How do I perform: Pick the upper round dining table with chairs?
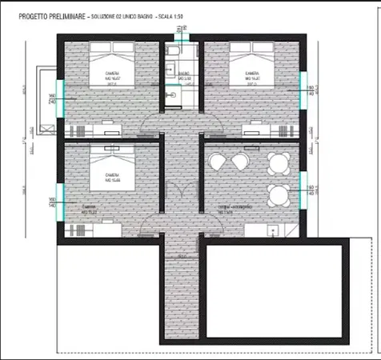pyautogui.click(x=278, y=162)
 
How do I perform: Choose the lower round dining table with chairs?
pyautogui.click(x=278, y=194)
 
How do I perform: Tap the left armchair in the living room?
pyautogui.click(x=217, y=162)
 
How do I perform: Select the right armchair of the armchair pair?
pyautogui.click(x=239, y=162)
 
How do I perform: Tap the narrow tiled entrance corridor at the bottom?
pyautogui.click(x=181, y=288)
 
